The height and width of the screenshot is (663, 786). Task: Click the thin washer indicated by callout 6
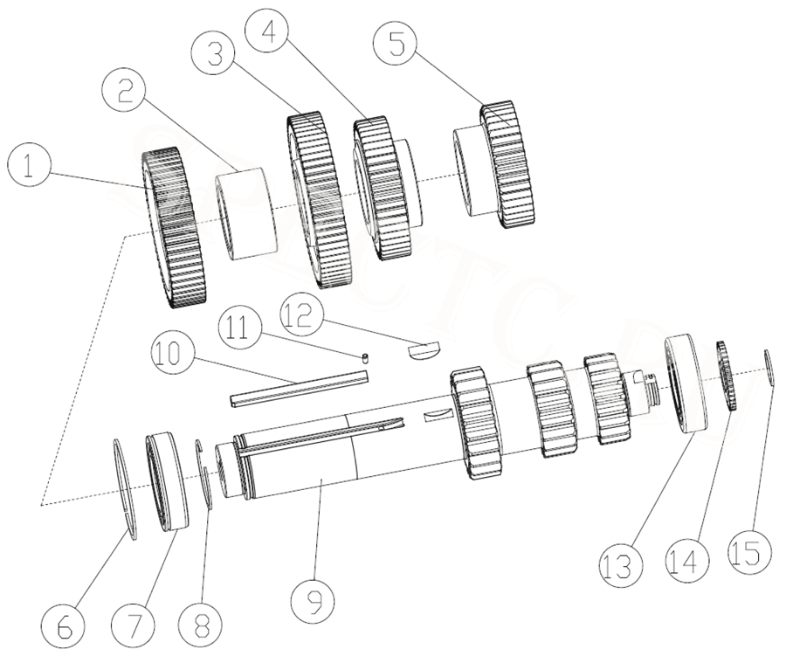click(x=128, y=489)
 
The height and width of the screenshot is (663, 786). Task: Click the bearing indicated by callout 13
click(x=692, y=384)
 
